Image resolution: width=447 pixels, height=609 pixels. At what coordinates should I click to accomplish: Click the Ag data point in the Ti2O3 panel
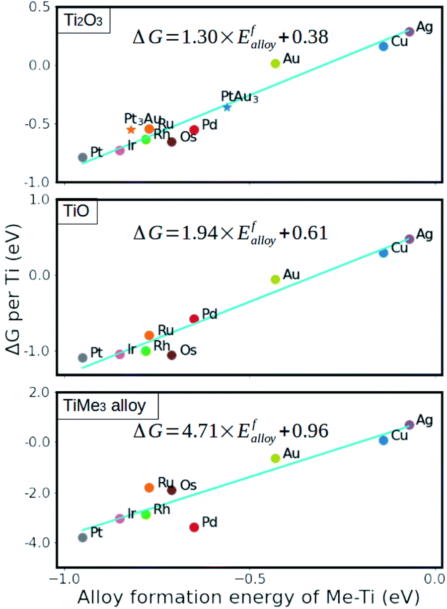[x=409, y=31]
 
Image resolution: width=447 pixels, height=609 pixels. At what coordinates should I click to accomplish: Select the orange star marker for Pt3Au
[x=131, y=130]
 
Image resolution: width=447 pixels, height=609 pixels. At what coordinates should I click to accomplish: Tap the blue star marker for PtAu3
[x=227, y=107]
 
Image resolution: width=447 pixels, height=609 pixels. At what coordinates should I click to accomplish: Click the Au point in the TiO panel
[x=276, y=279]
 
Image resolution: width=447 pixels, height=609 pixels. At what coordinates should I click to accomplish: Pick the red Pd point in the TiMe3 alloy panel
[x=194, y=527]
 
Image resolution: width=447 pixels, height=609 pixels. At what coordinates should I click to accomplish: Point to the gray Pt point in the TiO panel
[x=83, y=357]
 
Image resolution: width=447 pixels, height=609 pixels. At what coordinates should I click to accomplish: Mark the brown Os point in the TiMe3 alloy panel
[x=172, y=490]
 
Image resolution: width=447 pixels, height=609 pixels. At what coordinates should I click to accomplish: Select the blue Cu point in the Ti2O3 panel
[x=383, y=46]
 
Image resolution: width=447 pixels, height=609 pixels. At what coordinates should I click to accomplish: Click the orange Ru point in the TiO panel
[x=149, y=335]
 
